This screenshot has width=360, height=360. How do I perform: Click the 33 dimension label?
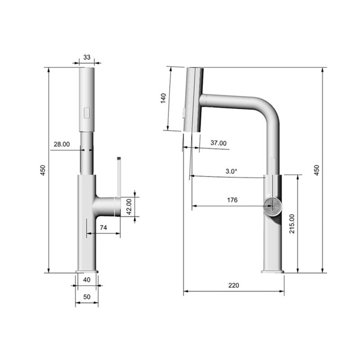86,57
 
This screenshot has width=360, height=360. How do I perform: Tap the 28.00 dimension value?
62,144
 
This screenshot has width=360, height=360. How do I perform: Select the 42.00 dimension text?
129,207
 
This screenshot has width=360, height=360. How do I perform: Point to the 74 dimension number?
103,228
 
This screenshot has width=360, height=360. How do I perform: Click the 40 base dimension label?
86,279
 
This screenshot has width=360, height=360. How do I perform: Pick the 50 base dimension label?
86,297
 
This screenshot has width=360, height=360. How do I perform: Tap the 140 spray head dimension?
163,98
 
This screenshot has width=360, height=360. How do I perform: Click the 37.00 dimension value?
218,143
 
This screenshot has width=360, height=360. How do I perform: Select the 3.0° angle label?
231,171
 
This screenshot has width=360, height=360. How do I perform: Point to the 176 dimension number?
232,200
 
